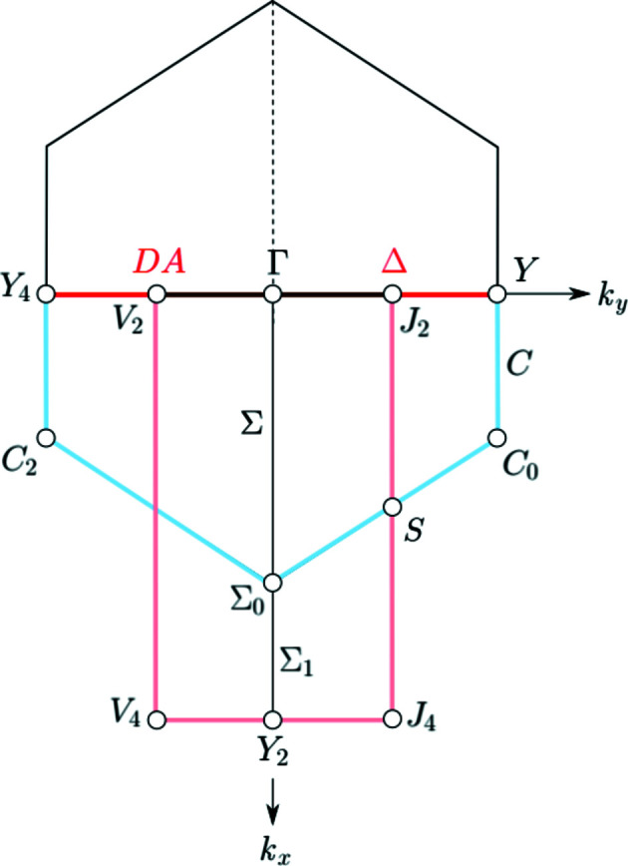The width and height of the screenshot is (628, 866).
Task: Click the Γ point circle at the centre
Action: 273,295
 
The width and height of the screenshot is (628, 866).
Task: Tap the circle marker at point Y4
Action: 47,295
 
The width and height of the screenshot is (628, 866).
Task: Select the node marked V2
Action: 156,295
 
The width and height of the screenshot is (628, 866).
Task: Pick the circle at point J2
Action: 392,295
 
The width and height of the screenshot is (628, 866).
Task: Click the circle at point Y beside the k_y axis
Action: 497,295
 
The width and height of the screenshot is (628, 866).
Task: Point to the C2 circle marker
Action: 47,438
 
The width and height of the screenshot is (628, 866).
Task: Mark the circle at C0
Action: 497,438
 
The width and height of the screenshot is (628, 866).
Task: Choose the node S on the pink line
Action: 392,506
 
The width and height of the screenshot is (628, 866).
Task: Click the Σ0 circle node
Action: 273,582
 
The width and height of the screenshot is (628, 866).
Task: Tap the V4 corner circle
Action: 156,718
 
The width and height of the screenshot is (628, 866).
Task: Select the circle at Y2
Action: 273,718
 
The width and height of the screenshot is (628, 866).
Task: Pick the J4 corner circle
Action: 392,718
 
